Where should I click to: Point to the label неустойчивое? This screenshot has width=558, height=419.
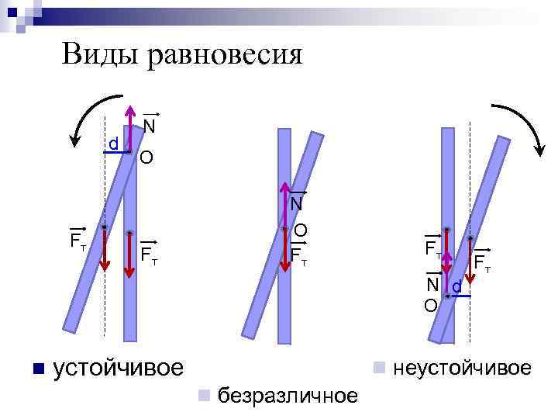[x=463, y=367]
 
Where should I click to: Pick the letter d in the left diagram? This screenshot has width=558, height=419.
[x=113, y=144]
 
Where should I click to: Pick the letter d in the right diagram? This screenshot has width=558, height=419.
[x=456, y=287]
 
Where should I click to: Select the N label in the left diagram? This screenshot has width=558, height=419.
[x=150, y=126]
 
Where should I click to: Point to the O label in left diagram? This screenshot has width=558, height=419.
[x=146, y=159]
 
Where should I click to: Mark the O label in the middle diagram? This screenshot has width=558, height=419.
[x=301, y=230]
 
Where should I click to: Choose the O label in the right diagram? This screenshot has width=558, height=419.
[x=430, y=305]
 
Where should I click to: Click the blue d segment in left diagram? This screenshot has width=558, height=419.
[x=116, y=154]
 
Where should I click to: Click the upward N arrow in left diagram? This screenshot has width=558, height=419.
[x=129, y=124]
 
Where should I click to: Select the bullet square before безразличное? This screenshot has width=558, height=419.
[x=204, y=395]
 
